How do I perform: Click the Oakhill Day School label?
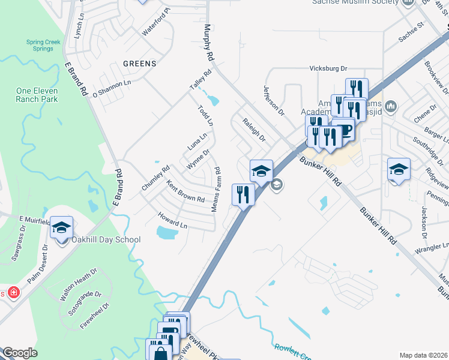[x=106, y=240]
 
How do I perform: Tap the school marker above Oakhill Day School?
[x=61, y=229]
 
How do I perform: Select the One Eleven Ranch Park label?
[x=37, y=95]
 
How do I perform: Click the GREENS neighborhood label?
[x=139, y=64]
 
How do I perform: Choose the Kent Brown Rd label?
[x=185, y=191]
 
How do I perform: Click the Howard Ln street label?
[x=173, y=220]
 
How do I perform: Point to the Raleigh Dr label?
[x=255, y=129]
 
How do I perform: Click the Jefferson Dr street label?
[x=274, y=100]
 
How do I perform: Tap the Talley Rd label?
[x=201, y=81]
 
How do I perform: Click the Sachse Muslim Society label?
[x=355, y=2]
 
